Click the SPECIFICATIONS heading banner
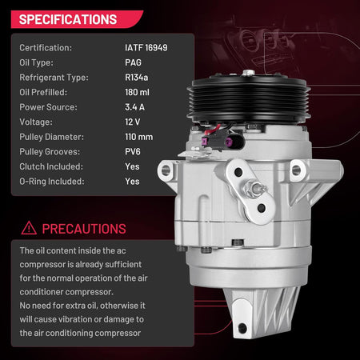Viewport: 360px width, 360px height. click(x=77, y=19)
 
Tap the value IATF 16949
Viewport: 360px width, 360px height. click(x=146, y=48)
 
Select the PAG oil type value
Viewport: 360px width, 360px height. click(x=133, y=62)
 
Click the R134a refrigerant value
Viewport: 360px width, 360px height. click(x=136, y=78)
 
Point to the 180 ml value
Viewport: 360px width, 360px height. click(x=137, y=92)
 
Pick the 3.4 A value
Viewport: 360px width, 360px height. click(x=134, y=107)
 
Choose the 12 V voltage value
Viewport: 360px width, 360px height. click(x=132, y=122)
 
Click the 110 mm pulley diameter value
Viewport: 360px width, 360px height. click(x=138, y=137)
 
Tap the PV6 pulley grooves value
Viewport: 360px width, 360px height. click(x=133, y=151)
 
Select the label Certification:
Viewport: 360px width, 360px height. click(x=46, y=48)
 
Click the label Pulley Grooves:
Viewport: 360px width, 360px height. click(x=50, y=151)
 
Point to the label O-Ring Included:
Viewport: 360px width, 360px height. click(x=52, y=182)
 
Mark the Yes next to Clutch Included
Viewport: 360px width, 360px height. click(x=132, y=166)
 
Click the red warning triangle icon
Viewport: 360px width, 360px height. click(x=29, y=229)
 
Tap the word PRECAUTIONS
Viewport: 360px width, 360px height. click(x=84, y=229)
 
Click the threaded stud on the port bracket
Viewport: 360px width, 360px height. click(x=255, y=189)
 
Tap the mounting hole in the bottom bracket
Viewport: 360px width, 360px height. click(x=242, y=328)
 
